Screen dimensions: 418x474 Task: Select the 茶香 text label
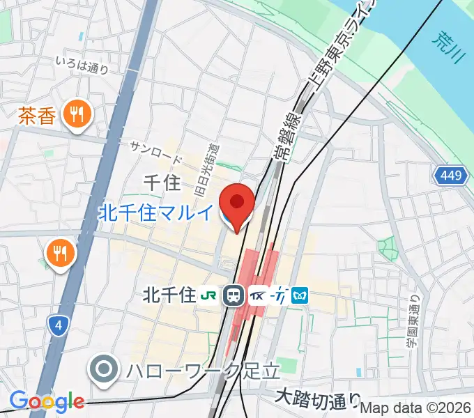36,114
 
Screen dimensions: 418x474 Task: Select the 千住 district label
162,183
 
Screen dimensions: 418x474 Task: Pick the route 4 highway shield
57,324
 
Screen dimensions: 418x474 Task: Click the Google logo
47,401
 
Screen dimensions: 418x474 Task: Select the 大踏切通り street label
318,398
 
